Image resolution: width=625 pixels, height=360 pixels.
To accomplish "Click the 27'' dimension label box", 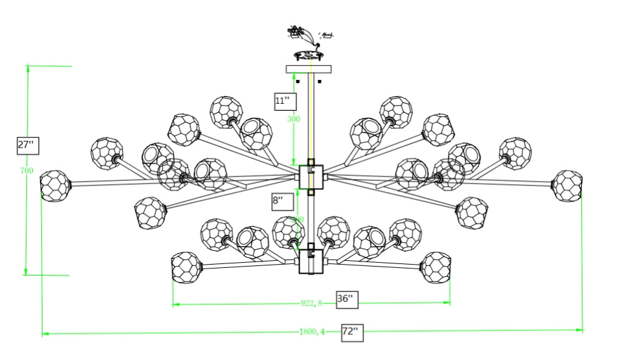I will [x=28, y=145].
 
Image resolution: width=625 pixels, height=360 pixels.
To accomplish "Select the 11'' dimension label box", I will [x=284, y=100].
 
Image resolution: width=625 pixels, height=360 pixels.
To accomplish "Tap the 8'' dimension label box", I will [x=278, y=200].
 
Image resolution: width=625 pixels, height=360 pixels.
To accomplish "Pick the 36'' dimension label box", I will [x=347, y=299].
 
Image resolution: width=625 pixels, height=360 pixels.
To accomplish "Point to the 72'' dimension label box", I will [x=352, y=332].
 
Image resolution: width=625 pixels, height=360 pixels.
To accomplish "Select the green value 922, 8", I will [x=311, y=304].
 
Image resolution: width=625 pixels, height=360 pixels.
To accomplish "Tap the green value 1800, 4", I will [x=312, y=332].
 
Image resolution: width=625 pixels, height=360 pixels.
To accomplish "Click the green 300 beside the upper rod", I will [x=294, y=118].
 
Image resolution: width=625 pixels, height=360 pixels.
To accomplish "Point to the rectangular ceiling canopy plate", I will [x=309, y=68].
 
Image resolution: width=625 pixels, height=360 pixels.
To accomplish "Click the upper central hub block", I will [x=311, y=176].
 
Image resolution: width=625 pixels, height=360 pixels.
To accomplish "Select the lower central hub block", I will [x=311, y=261].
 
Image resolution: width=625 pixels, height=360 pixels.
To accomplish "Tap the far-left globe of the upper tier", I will [x=54, y=186].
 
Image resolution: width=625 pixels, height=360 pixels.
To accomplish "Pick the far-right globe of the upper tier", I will [x=568, y=185].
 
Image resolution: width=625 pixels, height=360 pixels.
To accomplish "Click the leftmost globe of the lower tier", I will [x=186, y=267].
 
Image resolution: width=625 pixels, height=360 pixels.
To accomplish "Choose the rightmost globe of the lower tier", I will [x=436, y=267].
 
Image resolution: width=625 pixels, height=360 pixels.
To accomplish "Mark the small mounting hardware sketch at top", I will [x=308, y=43].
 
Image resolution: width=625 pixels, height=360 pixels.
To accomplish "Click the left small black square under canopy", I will [x=298, y=82].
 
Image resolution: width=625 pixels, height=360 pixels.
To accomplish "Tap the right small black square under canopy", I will [x=320, y=82].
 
